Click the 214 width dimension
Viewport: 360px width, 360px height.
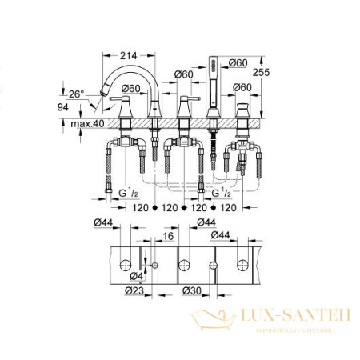pos(128,55)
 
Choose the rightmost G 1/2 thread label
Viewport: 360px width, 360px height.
pos(222,193)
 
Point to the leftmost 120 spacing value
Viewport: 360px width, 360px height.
pos(141,207)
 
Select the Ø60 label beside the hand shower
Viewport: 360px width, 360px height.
pos(238,62)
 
